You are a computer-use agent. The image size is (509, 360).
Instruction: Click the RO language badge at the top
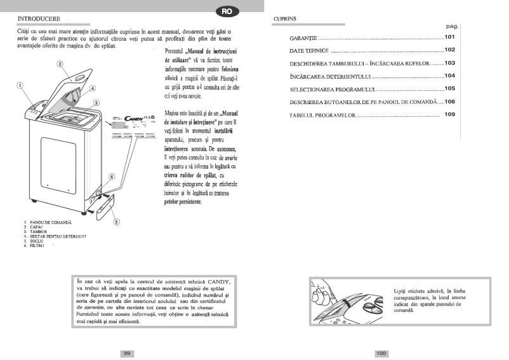tap(227, 10)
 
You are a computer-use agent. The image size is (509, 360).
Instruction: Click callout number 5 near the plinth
tap(117, 222)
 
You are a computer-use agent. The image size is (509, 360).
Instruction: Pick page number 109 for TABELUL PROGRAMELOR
tap(450, 114)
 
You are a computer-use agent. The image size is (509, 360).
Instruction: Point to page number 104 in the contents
tap(450, 76)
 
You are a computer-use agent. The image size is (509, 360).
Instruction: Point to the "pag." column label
tap(451, 27)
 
